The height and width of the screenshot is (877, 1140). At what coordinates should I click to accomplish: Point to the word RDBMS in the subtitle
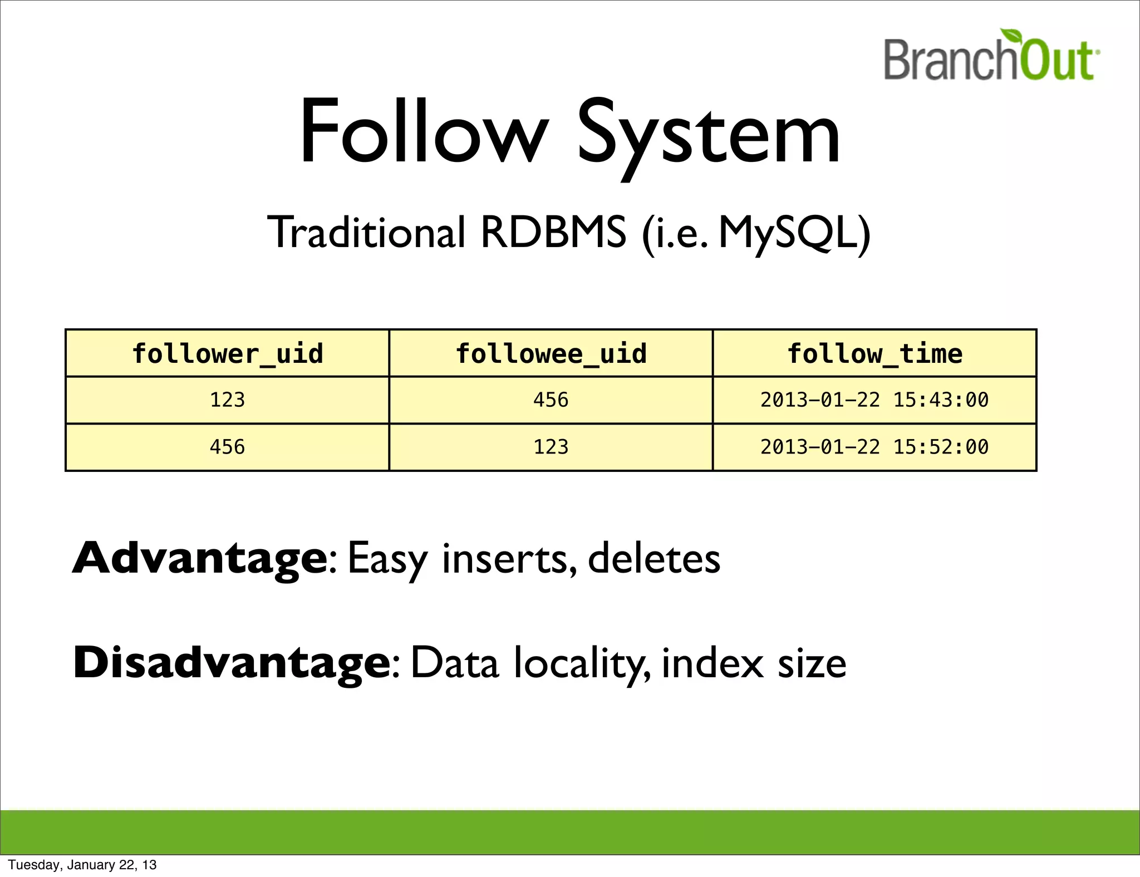click(553, 232)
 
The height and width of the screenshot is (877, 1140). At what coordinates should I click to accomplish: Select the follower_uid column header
click(227, 354)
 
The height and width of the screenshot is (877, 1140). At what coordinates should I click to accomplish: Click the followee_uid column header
click(551, 354)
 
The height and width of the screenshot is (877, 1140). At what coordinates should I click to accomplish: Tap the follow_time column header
click(874, 354)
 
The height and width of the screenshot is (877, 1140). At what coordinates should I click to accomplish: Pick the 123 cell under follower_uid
click(227, 400)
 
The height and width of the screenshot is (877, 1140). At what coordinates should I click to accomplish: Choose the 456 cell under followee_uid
click(551, 400)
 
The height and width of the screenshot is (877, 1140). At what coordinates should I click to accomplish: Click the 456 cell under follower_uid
click(227, 447)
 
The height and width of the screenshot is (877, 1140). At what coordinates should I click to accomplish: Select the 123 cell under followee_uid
click(551, 447)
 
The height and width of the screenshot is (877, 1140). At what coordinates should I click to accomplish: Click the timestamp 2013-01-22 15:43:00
click(874, 400)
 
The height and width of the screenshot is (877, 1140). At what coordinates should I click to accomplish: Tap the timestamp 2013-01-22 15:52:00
click(874, 447)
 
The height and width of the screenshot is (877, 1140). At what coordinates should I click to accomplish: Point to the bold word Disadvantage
click(232, 663)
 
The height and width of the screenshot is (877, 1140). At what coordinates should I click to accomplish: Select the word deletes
click(653, 558)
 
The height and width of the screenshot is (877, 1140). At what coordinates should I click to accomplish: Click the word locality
click(579, 664)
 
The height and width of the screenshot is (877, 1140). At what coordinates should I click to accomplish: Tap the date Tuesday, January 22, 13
click(82, 865)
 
